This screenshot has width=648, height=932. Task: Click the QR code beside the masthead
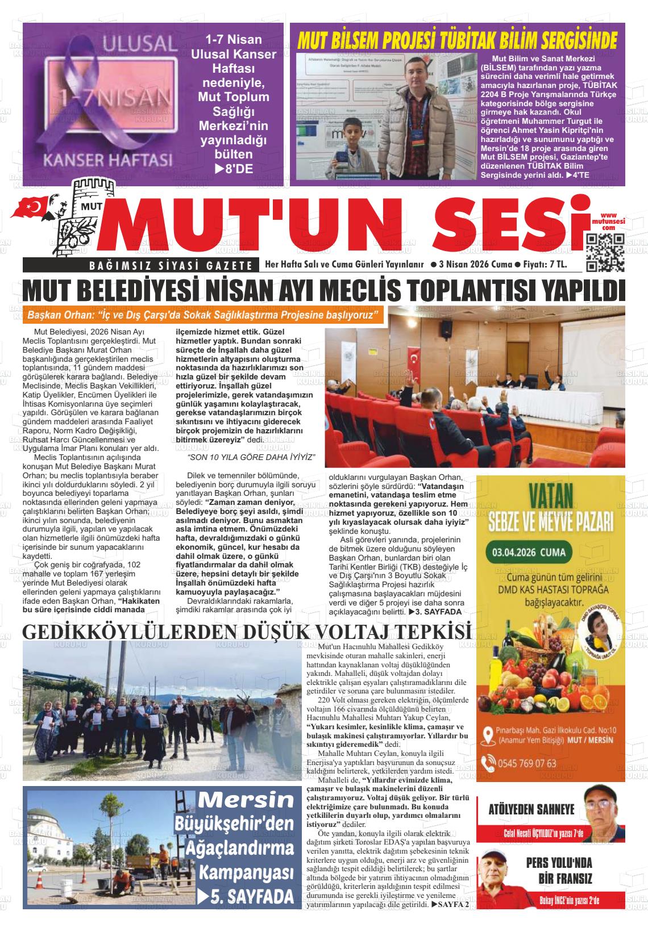point(605,252)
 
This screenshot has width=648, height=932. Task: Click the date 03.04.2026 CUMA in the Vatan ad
point(526,551)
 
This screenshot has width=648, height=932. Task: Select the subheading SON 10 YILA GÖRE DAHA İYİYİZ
point(251,457)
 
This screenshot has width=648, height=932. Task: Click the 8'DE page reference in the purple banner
point(234,168)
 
